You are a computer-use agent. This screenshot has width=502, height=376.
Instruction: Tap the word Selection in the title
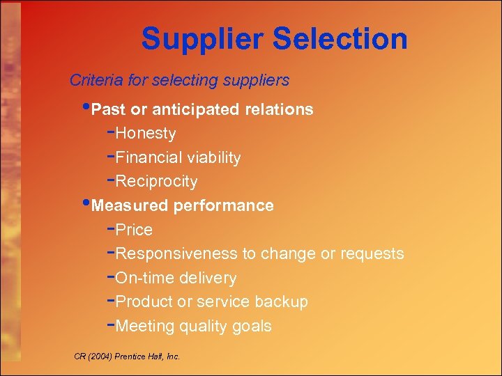point(340,39)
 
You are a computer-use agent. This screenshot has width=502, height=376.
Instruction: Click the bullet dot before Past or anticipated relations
point(86,108)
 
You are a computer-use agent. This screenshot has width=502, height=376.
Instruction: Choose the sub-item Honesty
point(146,133)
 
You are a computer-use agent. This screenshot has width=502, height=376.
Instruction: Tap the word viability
point(213,157)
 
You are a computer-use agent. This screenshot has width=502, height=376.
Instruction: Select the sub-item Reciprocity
point(156,182)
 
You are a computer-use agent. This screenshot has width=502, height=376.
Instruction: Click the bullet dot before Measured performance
point(86,204)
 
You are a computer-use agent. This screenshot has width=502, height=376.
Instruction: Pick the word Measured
point(130,205)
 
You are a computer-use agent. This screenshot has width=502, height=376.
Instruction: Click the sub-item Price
point(134,230)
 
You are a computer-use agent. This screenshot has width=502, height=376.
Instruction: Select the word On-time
point(144,278)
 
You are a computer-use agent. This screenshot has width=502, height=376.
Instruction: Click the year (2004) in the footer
point(100,357)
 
